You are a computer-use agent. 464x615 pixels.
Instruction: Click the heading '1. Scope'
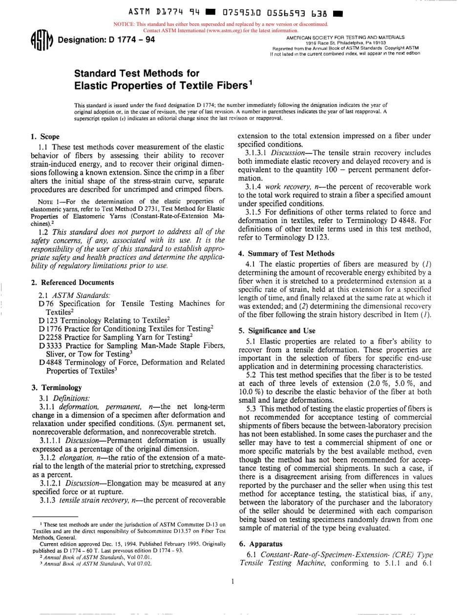(42, 138)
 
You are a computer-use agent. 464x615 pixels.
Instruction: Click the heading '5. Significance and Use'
(276, 330)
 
